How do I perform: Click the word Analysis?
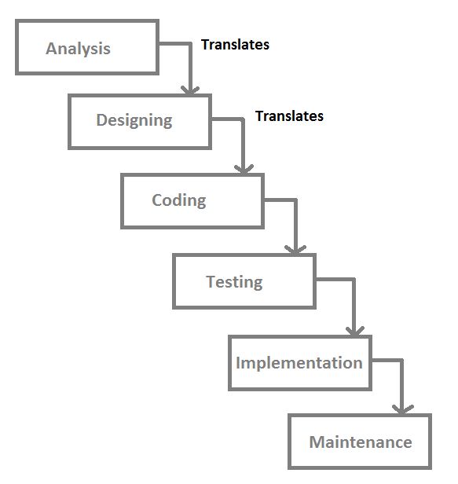point(78,49)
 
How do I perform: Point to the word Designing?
point(134,120)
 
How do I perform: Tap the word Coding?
point(179,200)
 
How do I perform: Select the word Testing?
point(234,282)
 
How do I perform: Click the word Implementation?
point(299,363)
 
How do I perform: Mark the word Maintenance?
point(361,442)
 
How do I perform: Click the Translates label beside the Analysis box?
point(235,45)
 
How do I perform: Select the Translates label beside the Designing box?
point(289,116)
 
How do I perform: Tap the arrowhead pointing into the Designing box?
point(190,90)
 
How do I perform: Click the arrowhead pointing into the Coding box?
point(244,169)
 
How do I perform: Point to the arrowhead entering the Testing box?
point(295,249)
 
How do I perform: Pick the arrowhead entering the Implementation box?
point(355,331)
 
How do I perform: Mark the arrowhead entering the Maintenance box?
point(402,410)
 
